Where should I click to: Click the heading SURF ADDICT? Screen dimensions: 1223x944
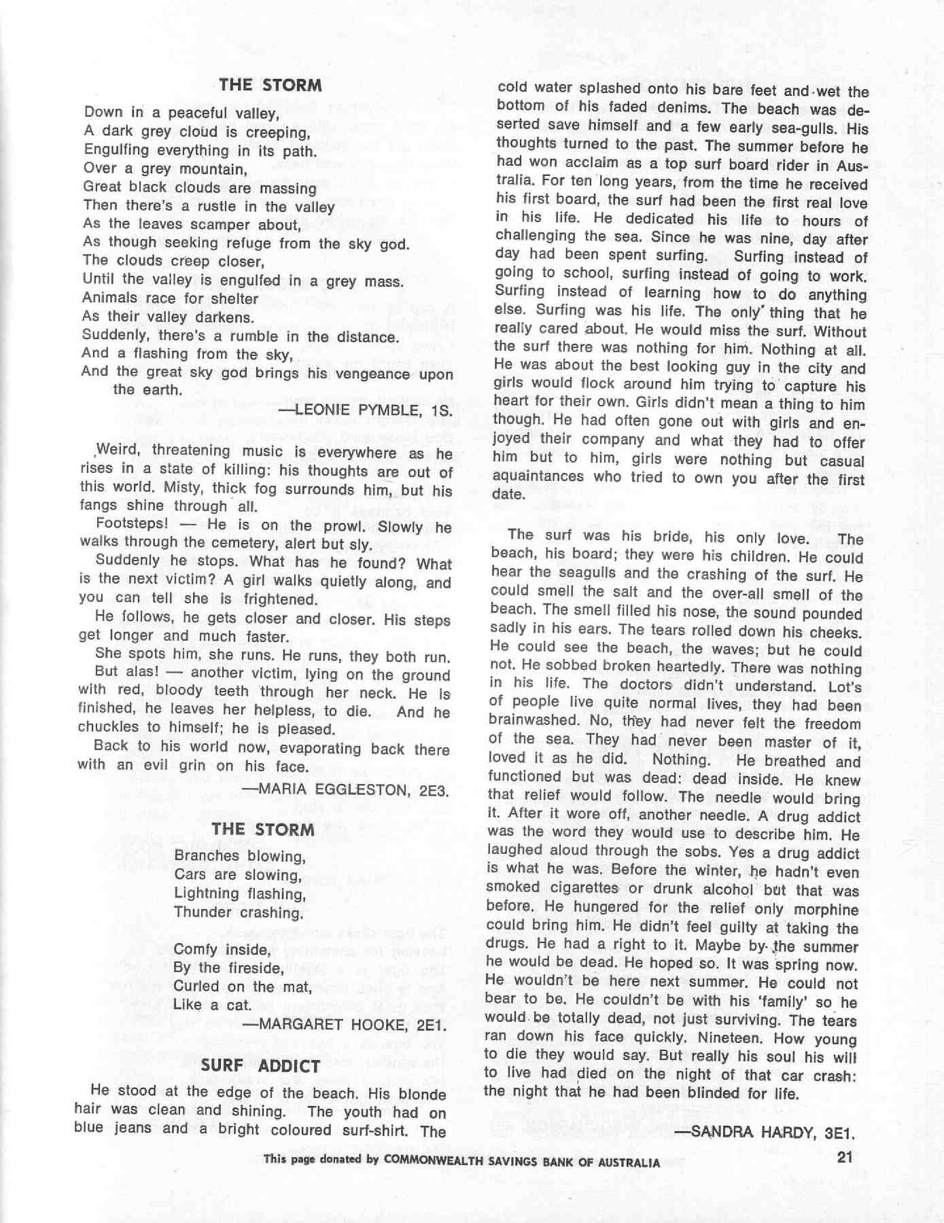[x=260, y=1065]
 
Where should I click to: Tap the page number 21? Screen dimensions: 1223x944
[x=845, y=1157]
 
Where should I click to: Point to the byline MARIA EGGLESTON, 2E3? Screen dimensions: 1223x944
[x=347, y=790]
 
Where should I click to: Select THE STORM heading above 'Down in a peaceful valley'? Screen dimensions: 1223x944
[x=270, y=85]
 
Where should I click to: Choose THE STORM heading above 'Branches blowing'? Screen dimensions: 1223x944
[x=262, y=830]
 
